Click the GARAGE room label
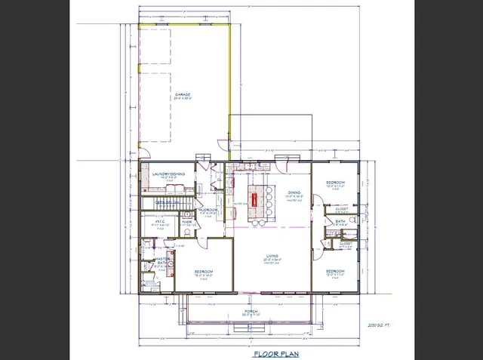(182, 94)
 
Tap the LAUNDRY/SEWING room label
(169, 174)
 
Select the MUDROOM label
(208, 209)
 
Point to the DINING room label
(294, 192)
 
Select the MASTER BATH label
(160, 261)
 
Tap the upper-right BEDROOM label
(335, 183)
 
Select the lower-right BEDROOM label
(335, 270)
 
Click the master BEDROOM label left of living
(203, 271)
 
